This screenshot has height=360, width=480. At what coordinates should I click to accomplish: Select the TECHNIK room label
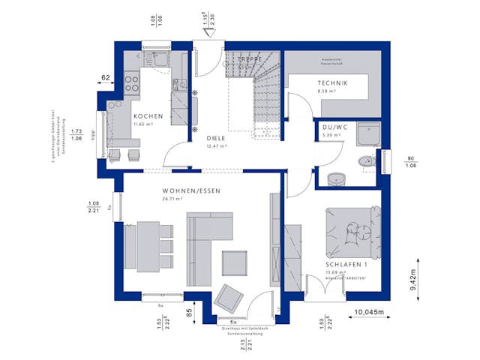(332, 82)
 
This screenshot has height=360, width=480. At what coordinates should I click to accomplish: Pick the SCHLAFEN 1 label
(346, 265)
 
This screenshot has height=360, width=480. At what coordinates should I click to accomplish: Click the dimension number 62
(106, 77)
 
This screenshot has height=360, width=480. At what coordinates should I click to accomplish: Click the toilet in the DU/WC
(367, 160)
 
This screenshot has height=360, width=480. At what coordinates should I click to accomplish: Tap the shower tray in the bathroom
(369, 136)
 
